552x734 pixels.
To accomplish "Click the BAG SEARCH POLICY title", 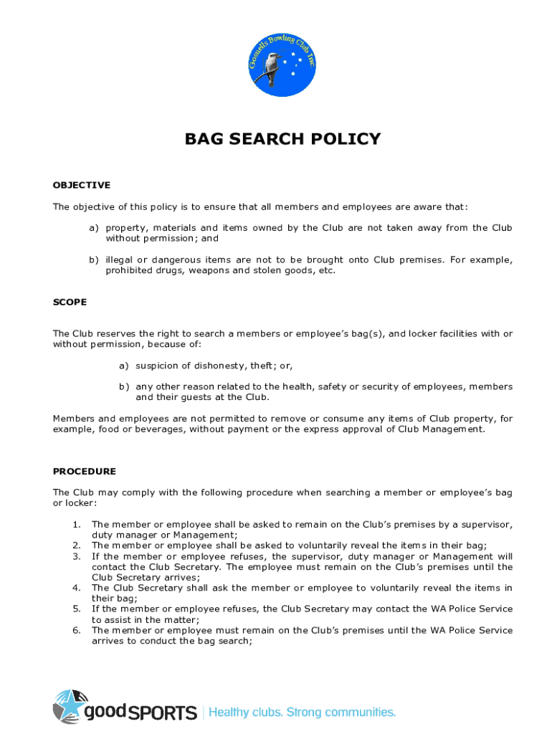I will tap(282, 139).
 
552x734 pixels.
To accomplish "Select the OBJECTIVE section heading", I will tap(82, 185).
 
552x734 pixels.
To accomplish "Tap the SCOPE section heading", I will tap(70, 302).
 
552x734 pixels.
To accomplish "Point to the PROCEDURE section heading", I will tap(85, 471).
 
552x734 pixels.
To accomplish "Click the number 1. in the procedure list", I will tap(76, 525).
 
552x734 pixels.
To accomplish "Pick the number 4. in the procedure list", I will tap(76, 588).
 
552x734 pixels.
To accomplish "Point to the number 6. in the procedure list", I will tap(76, 630).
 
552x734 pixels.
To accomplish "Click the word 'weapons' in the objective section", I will tap(211, 271).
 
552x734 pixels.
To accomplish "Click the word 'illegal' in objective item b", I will tap(118, 260).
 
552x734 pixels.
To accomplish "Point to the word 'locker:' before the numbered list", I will tap(70, 503).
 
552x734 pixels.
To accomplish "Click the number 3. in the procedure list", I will tap(76, 556).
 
